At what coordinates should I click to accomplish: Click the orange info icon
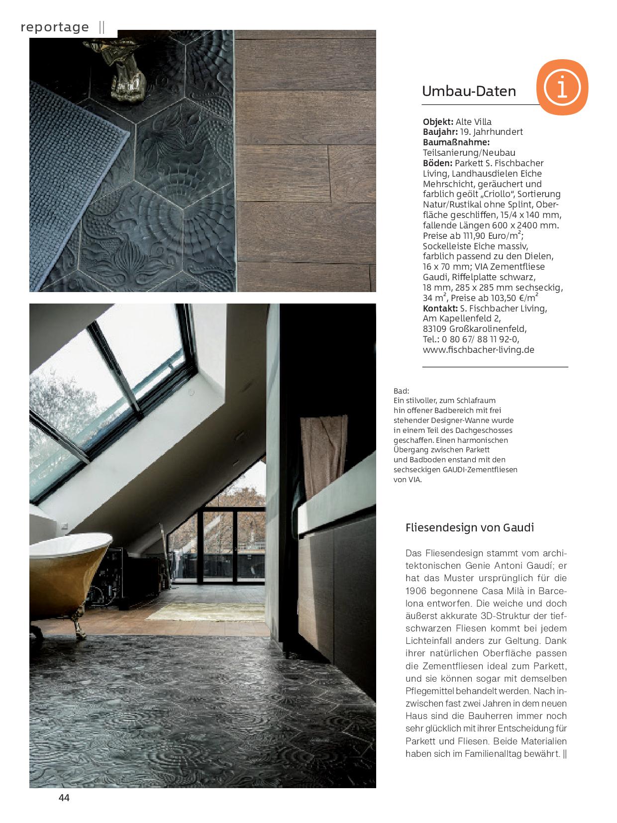coord(562,88)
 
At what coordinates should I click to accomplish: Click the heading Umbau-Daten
coord(469,92)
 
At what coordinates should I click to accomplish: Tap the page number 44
coord(64,798)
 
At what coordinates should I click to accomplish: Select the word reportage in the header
coord(55,27)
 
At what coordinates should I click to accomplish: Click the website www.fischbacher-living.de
coord(478,350)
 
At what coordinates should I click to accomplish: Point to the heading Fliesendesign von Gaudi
coord(470,527)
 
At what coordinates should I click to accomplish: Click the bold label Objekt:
coord(438,122)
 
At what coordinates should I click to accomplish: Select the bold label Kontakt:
coord(440,309)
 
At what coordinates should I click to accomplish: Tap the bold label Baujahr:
coord(440,132)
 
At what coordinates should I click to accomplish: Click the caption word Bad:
coord(401,391)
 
